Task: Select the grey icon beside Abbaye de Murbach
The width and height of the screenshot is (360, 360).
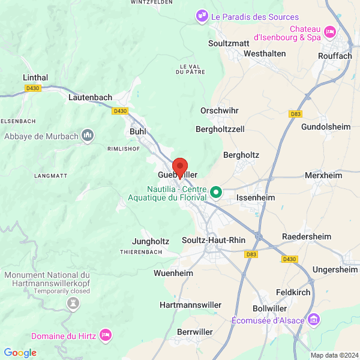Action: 88,136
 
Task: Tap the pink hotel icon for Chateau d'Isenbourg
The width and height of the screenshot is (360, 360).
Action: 329,31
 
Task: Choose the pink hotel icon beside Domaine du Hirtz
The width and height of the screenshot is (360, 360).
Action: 106,334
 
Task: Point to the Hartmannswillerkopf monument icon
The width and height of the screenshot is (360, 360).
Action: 73,304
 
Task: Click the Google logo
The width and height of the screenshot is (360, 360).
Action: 20,353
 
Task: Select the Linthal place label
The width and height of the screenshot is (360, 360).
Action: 35,77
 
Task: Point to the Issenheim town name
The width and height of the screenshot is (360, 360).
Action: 255,197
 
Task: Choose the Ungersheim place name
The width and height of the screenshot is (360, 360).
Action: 335,269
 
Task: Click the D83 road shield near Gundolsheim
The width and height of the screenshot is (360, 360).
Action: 295,113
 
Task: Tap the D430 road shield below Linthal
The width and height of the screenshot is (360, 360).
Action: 33,88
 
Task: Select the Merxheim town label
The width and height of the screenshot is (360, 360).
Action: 323,176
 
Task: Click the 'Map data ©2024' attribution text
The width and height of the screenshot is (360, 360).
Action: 334,355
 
